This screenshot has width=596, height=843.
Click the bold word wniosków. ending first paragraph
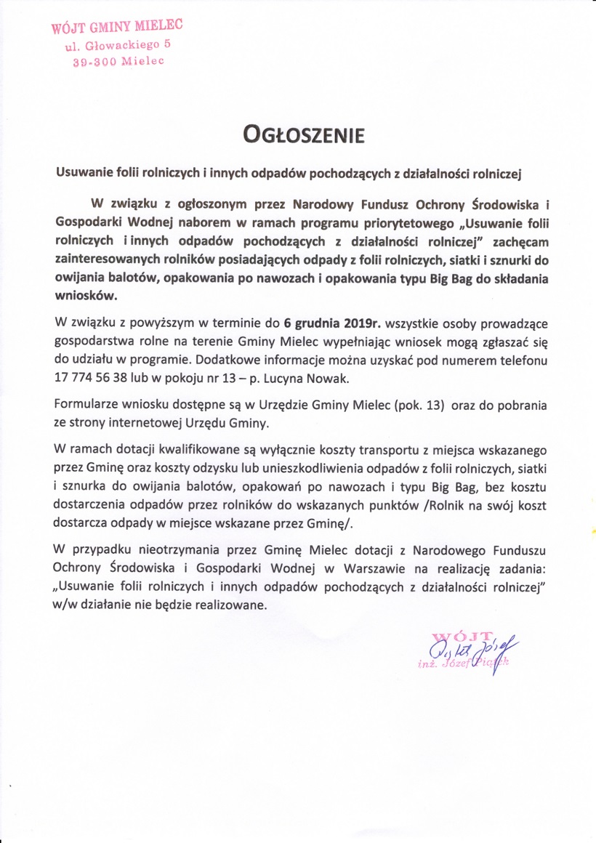85,296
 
